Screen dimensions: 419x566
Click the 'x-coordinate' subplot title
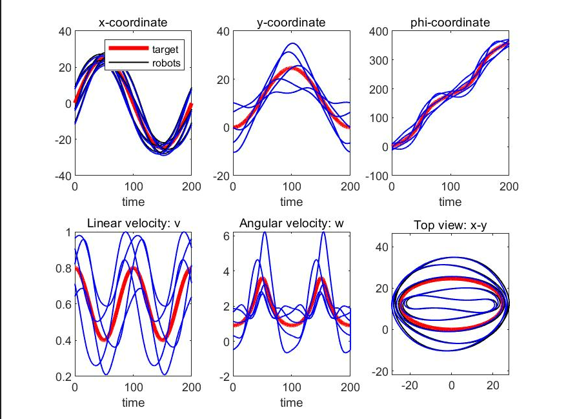click(133, 23)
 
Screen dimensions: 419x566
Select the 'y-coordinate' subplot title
click(292, 23)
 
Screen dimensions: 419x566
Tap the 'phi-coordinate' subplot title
click(450, 23)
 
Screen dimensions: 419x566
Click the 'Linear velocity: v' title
click(133, 223)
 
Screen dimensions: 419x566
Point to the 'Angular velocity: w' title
click(292, 223)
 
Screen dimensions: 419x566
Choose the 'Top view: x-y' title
click(450, 224)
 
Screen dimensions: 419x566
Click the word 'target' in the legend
click(165, 49)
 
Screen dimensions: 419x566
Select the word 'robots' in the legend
click(167, 63)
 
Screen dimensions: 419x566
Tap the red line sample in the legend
click(128, 49)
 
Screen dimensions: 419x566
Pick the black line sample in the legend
click(128, 63)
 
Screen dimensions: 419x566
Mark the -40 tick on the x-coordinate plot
click(62, 175)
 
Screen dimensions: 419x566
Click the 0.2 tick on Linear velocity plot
click(62, 376)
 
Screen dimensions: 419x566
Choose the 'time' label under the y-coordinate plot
click(292, 201)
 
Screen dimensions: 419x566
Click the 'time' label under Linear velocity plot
click(133, 402)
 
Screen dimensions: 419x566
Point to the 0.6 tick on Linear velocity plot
click(62, 303)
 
